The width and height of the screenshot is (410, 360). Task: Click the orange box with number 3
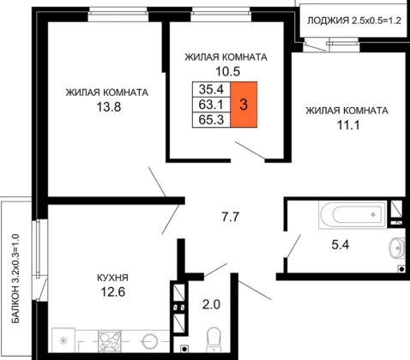[244, 105]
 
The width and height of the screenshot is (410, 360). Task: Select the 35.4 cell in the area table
[211, 89]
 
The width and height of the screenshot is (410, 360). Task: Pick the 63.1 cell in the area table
[211, 105]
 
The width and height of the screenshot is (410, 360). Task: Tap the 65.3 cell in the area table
[211, 120]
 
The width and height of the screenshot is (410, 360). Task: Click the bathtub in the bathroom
[353, 214]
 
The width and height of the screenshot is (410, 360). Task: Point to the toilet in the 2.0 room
[214, 339]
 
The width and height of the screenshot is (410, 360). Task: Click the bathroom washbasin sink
[397, 248]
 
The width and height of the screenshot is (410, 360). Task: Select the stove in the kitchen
[110, 340]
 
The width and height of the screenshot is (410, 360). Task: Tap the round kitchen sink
[150, 341]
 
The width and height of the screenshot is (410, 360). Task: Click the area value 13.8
[109, 107]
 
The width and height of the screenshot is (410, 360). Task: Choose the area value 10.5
[227, 71]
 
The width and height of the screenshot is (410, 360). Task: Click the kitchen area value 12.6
[113, 292]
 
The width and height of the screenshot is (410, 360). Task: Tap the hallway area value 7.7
[231, 217]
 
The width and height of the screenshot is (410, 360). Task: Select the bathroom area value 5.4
[341, 245]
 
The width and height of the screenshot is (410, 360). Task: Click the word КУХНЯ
[112, 278]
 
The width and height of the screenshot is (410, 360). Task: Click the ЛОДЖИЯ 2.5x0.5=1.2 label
[354, 21]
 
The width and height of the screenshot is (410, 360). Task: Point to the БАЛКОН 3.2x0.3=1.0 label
[15, 279]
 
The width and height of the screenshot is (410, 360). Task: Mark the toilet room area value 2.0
[211, 305]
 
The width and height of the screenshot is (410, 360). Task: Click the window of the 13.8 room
[118, 14]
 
